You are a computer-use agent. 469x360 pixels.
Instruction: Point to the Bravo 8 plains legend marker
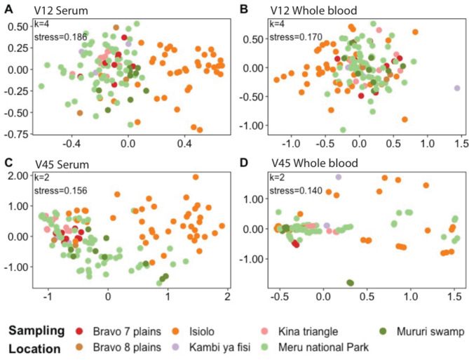point(88,347)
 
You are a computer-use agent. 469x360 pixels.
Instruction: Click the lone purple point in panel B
point(456,88)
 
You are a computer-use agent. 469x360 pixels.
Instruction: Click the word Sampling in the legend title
point(39,331)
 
